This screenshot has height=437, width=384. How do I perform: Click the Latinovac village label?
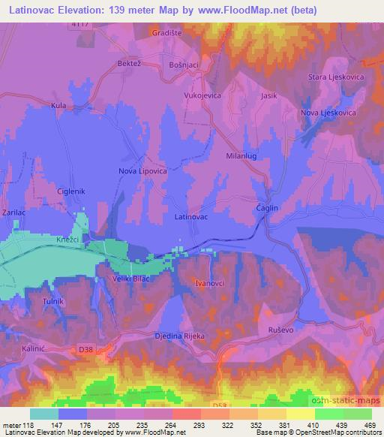coord(190,216)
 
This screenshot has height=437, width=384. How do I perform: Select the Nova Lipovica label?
coord(142,170)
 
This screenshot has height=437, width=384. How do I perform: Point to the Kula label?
coord(58,107)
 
